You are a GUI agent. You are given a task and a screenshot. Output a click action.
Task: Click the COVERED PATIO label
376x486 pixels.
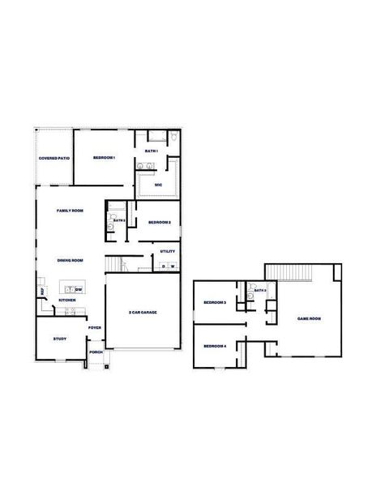pos(54,158)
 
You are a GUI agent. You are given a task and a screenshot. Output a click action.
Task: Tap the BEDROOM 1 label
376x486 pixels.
pos(104,157)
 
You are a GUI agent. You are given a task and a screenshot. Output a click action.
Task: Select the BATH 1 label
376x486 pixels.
pos(152,151)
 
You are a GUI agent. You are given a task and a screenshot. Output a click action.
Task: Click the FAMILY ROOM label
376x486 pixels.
pos(70,211)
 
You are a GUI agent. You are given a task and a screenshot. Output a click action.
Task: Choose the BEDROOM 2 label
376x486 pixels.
pos(158,222)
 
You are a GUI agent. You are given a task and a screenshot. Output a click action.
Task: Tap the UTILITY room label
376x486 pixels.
pos(168,251)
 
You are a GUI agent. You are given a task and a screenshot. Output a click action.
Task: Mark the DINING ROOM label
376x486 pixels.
pos(70,260)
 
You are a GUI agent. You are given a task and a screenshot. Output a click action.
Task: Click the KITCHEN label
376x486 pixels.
pos(67,301)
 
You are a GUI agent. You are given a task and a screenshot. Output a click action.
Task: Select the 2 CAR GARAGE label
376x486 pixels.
pos(142,312)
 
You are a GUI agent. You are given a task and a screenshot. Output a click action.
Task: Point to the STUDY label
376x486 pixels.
pos(59,339)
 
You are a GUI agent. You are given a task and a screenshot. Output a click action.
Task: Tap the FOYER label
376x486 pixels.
pos(95,327)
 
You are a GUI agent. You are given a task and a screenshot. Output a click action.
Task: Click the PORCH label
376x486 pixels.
pos(96,352)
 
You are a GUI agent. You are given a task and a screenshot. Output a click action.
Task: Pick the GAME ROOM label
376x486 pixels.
pos(309,319)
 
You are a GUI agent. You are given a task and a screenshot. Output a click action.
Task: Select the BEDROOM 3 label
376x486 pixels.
pos(214,302)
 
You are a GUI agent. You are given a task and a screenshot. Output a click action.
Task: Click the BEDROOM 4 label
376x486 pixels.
pos(214,346)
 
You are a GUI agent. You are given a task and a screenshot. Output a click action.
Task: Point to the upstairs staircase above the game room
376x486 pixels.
pos(289,272)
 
